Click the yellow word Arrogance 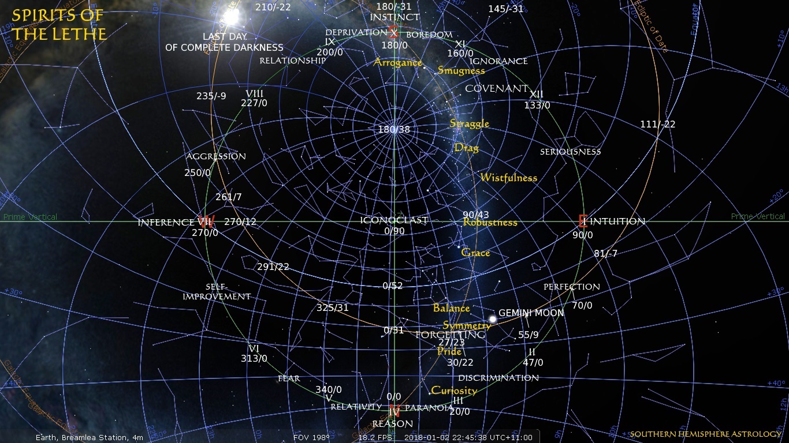point(397,62)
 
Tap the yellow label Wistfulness point(508,178)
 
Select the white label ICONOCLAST point(394,220)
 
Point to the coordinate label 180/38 point(394,129)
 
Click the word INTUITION point(617,221)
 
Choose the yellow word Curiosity point(454,391)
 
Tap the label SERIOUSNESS point(570,152)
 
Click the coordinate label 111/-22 point(657,124)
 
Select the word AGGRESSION point(215,156)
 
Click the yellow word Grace point(475,253)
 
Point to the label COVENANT point(496,89)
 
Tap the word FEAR point(289,378)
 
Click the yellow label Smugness point(461,70)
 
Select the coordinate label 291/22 point(273,266)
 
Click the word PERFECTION point(571,287)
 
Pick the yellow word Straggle point(469,123)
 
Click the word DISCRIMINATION point(498,378)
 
